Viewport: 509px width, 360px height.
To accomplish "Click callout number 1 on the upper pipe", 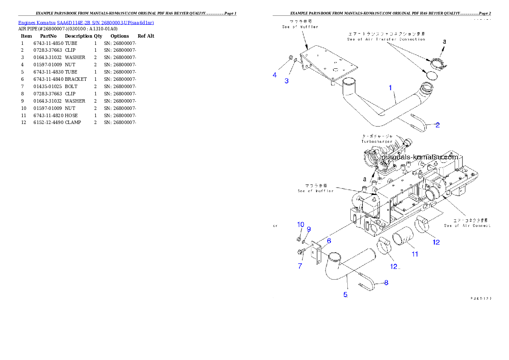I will tap(390, 88).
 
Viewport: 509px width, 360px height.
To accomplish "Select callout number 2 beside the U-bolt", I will tap(438, 125).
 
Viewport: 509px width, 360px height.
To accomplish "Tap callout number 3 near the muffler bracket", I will tap(287, 81).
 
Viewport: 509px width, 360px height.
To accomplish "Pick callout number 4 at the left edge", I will tap(275, 75).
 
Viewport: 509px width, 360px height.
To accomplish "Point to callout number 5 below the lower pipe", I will tap(346, 295).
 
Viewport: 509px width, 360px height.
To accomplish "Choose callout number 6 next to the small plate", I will tap(329, 241).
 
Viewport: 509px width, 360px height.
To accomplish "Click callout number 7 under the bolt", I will tap(300, 266).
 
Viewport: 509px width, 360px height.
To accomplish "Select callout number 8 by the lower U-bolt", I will tap(386, 282).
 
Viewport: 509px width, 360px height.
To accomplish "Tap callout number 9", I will tap(308, 229).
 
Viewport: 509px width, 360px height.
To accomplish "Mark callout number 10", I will tap(301, 224).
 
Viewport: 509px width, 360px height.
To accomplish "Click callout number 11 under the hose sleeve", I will tap(414, 254).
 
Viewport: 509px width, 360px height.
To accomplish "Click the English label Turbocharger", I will tap(377, 142).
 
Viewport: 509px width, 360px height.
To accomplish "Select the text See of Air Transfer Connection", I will tap(386, 39).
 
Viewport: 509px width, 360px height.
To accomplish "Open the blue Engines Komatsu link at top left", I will tap(86, 23).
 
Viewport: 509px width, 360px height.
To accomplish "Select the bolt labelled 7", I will tap(298, 252).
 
